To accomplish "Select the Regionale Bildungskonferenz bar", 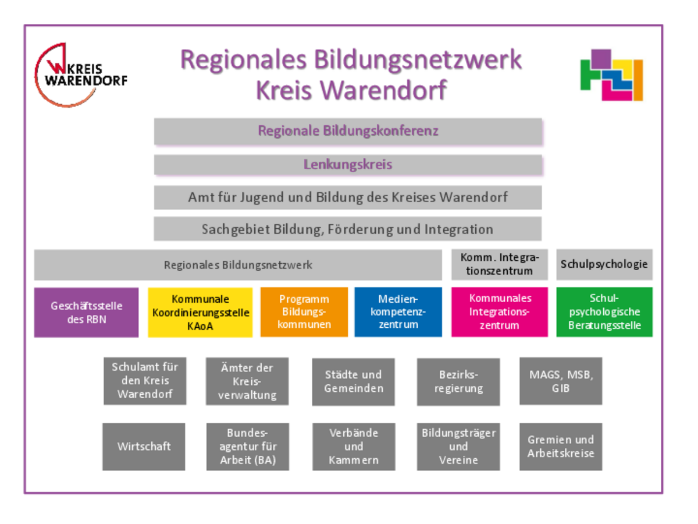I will pyautogui.click(x=348, y=131).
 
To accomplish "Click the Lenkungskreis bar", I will pyautogui.click(x=348, y=165).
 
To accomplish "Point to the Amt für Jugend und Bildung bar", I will pyautogui.click(x=348, y=197).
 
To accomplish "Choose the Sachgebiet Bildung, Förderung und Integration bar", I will pyautogui.click(x=348, y=229).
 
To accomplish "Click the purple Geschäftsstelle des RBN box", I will pyautogui.click(x=86, y=313).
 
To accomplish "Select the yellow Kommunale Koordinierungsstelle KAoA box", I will pyautogui.click(x=200, y=313).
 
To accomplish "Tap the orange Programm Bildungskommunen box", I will pyautogui.click(x=304, y=312).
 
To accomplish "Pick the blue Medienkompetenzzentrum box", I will pyautogui.click(x=398, y=312).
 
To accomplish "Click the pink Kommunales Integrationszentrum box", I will pyautogui.click(x=500, y=312).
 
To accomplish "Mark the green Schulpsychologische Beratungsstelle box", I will pyautogui.click(x=604, y=312).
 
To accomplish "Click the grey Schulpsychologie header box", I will pyautogui.click(x=604, y=264).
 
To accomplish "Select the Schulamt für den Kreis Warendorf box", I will pyautogui.click(x=144, y=381).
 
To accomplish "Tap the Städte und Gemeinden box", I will pyautogui.click(x=354, y=381).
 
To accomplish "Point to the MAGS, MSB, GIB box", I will pyautogui.click(x=561, y=381).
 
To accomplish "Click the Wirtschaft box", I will pyautogui.click(x=144, y=447).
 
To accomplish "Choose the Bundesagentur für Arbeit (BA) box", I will pyautogui.click(x=248, y=447).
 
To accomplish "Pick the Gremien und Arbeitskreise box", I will pyautogui.click(x=561, y=447).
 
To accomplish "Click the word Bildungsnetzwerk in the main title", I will pyautogui.click(x=418, y=60).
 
